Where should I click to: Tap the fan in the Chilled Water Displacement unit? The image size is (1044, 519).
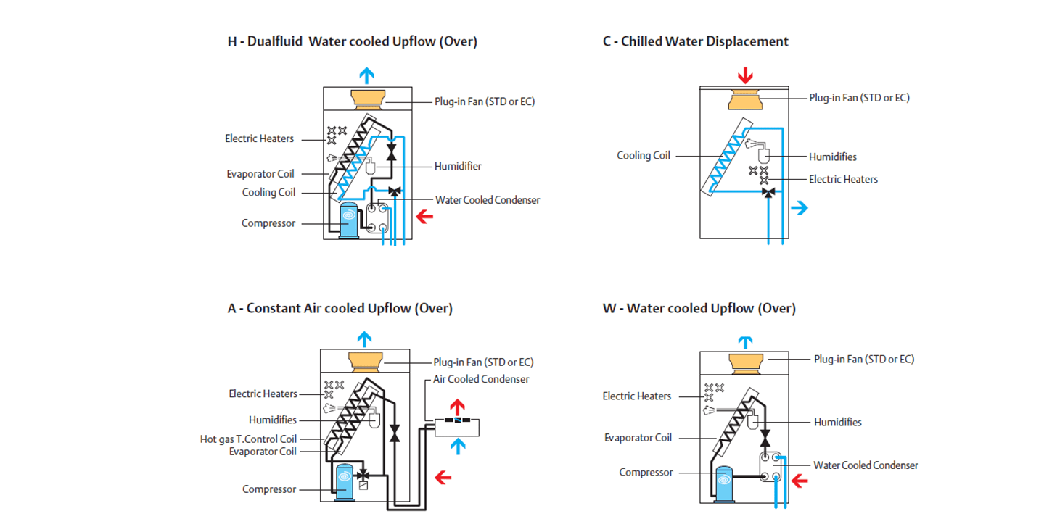click(746, 99)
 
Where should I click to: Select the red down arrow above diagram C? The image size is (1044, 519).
click(746, 75)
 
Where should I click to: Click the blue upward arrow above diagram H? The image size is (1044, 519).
click(368, 75)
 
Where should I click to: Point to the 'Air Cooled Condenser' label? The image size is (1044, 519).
click(481, 379)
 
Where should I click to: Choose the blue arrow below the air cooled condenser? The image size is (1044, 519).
click(456, 446)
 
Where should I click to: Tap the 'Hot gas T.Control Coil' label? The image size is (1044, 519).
click(249, 439)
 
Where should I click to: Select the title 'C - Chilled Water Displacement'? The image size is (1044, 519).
click(695, 41)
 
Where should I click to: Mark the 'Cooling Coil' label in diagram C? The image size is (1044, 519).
click(644, 155)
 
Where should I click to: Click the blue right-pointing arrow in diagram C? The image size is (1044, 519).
click(799, 209)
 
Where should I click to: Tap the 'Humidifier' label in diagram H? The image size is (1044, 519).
click(458, 166)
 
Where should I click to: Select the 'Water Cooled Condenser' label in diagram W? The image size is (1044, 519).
click(866, 465)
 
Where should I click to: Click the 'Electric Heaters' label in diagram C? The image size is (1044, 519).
click(843, 179)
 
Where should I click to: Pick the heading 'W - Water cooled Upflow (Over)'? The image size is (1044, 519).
click(699, 308)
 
